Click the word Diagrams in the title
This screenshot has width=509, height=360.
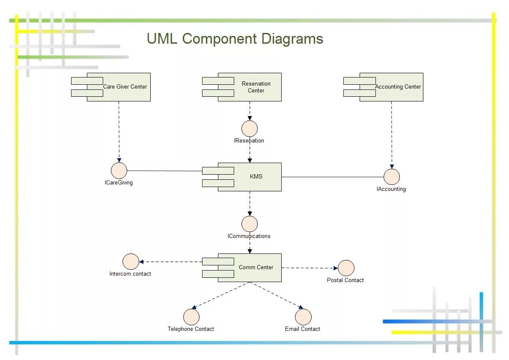(x=292, y=39)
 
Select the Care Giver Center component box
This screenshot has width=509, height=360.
(x=119, y=87)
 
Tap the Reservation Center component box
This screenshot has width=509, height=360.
(x=249, y=87)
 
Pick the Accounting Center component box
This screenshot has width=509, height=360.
(x=391, y=87)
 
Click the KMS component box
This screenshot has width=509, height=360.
(x=249, y=177)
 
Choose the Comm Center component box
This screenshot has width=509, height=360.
(x=249, y=268)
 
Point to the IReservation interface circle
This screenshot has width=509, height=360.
(x=250, y=128)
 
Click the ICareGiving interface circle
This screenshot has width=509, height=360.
(x=119, y=170)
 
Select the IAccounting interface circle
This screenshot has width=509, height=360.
(x=391, y=177)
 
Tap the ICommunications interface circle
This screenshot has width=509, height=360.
(x=250, y=224)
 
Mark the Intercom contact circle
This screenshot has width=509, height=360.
(x=131, y=262)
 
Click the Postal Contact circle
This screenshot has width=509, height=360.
(x=346, y=268)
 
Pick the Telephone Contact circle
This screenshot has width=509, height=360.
(x=191, y=317)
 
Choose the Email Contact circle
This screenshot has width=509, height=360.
(x=303, y=317)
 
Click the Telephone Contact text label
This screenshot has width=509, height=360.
(x=191, y=329)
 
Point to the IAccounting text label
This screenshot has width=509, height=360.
(x=391, y=189)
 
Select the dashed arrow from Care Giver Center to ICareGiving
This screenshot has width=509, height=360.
(x=119, y=132)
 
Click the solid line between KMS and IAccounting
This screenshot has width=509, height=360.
(x=332, y=177)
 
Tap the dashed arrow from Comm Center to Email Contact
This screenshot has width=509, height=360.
(x=277, y=295)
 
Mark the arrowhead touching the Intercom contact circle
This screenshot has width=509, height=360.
(x=142, y=262)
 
